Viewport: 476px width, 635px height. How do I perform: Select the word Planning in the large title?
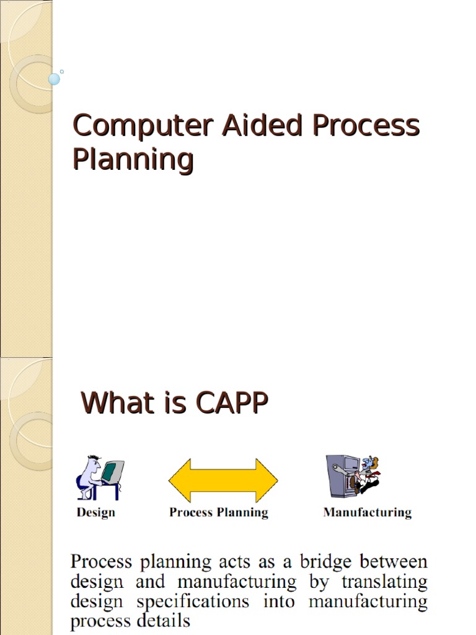(133, 159)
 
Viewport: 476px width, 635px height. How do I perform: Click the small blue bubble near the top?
(55, 79)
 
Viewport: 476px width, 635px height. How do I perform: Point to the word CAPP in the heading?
(232, 403)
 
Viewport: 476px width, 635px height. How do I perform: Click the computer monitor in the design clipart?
(112, 471)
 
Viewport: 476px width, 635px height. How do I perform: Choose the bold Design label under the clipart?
(95, 512)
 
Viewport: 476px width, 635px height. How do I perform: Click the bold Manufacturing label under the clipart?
(367, 512)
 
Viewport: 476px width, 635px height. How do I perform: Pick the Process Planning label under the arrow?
(219, 512)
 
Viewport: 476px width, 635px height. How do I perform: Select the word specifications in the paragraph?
(190, 602)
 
